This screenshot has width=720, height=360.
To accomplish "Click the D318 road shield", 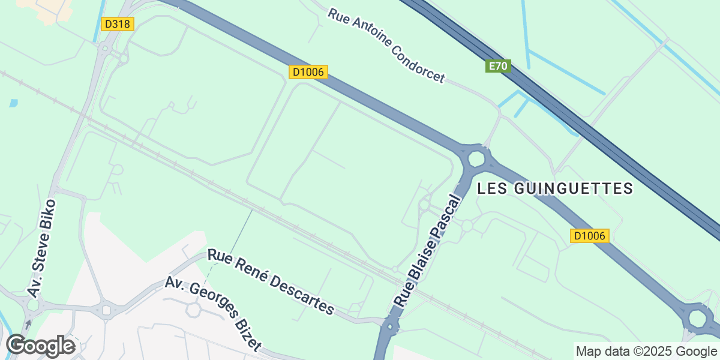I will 117,24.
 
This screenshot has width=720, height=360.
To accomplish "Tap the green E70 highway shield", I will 498,66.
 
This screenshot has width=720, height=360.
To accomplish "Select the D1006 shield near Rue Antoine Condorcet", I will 308,72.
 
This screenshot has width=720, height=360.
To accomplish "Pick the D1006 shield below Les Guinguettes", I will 590,236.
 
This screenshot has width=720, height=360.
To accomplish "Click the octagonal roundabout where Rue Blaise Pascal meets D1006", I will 476,158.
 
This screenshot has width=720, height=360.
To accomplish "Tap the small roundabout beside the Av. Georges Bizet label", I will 193,310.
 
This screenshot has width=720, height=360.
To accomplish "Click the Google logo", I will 41,346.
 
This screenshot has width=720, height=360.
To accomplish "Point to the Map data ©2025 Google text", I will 646,352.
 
